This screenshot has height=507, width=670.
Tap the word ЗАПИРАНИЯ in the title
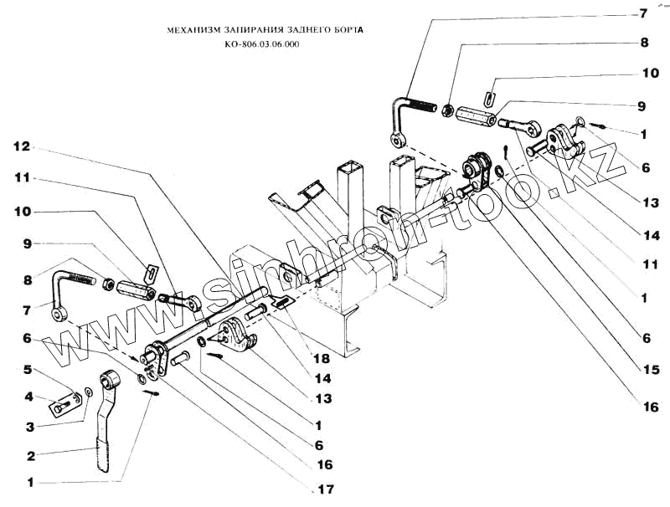coord(245,29)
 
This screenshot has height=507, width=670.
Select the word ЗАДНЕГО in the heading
coord(300,29)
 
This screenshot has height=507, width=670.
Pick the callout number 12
coord(22,146)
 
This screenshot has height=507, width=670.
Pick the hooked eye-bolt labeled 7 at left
coord(67,293)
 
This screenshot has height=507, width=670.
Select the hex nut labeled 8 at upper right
coord(448,109)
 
